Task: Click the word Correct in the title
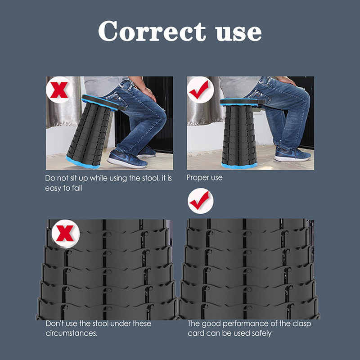(152, 31)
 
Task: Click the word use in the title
(239, 33)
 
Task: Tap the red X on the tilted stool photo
(59, 90)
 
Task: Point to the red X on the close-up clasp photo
(65, 233)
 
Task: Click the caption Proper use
(204, 178)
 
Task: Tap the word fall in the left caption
(77, 188)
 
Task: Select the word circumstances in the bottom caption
(72, 333)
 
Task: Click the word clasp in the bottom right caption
(301, 324)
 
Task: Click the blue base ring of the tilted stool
(83, 162)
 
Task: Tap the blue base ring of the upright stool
(239, 165)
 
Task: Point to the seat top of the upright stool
(241, 102)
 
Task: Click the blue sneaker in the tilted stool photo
(127, 159)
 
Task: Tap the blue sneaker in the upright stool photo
(292, 154)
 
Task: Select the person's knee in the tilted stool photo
(161, 116)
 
